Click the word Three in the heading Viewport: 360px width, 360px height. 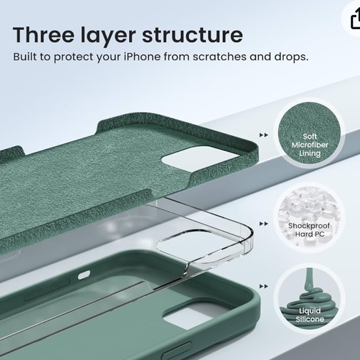pos(43,35)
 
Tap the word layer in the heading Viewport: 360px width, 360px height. pos(108,36)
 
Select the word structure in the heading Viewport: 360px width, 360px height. pos(192,35)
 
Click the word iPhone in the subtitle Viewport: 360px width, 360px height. pos(142,56)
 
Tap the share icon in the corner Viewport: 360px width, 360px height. pos(355,19)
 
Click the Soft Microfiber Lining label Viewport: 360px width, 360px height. pos(310,145)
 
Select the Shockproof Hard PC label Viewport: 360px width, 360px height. pos(309,230)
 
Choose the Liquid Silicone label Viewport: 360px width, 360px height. pos(310,315)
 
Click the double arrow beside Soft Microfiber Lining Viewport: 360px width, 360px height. pos(264,135)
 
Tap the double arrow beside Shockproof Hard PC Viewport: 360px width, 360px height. pos(264,223)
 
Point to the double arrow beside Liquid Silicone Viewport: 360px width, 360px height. pos(264,286)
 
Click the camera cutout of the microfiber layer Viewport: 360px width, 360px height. pos(200,159)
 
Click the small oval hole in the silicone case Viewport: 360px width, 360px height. pos(84,275)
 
